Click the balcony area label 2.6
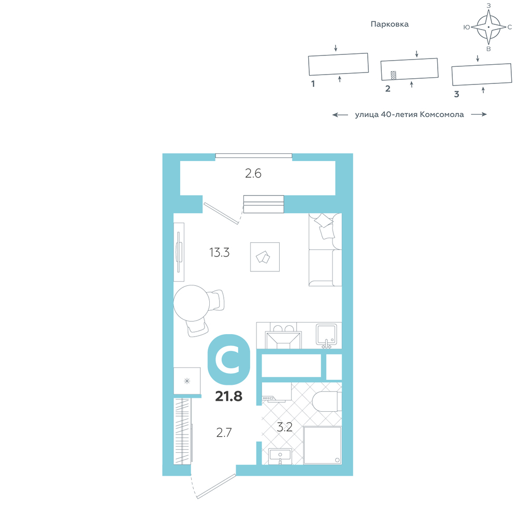(253, 174)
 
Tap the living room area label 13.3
(219, 252)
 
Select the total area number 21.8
(228, 396)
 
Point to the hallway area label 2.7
(224, 433)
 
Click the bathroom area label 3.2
(284, 427)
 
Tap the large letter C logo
(228, 359)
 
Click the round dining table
(192, 303)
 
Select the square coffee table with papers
(265, 257)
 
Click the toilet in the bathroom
(327, 401)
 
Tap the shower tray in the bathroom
(322, 445)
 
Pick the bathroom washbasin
(280, 456)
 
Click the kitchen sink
(326, 335)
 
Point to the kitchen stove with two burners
(283, 336)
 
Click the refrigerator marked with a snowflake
(187, 381)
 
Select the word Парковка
(390, 24)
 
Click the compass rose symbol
(488, 27)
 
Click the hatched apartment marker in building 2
(394, 75)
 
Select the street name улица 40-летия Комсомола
(409, 114)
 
